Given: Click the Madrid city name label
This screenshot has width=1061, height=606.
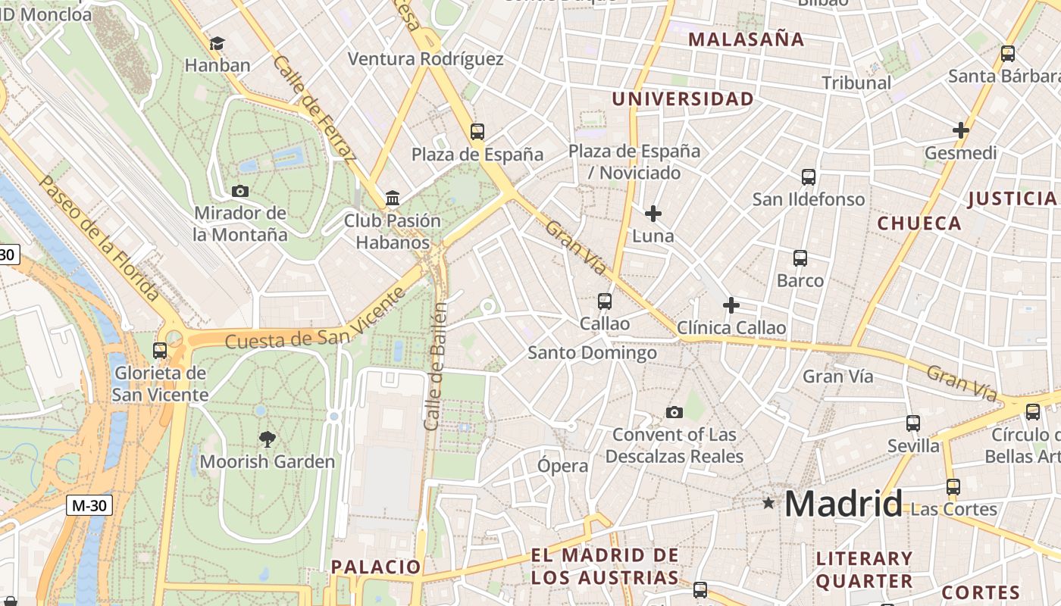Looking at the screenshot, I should (x=843, y=504).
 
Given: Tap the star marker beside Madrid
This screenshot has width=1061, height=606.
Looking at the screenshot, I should (x=768, y=502).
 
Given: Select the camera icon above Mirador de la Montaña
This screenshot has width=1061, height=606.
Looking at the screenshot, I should (x=240, y=191).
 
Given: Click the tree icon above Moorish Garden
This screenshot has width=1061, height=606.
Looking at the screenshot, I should (x=266, y=439).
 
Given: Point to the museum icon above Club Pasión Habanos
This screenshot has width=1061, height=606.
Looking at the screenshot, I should (x=393, y=198).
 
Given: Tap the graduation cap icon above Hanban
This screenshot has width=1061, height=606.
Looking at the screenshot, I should (x=218, y=43).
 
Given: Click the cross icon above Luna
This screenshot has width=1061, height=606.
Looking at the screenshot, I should (x=653, y=214).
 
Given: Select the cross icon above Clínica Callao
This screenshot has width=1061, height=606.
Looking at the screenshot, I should (x=731, y=305).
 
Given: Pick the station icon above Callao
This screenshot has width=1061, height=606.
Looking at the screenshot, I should (x=604, y=301).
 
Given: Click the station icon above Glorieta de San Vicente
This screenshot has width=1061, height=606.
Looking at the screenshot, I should (x=159, y=350).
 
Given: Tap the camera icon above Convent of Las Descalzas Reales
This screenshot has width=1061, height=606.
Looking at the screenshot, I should (x=674, y=412).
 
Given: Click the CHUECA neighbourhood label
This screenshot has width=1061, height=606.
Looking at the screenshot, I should (x=919, y=223).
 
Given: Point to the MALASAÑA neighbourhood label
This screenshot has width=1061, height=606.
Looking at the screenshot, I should (x=746, y=39).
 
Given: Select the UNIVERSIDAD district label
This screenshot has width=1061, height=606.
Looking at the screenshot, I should (x=683, y=99).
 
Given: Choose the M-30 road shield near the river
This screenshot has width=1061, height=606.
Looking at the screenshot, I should (x=89, y=505).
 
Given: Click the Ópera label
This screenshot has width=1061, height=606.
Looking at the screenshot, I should (x=562, y=466).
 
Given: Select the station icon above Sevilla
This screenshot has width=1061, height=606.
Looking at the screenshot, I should (x=913, y=423).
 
